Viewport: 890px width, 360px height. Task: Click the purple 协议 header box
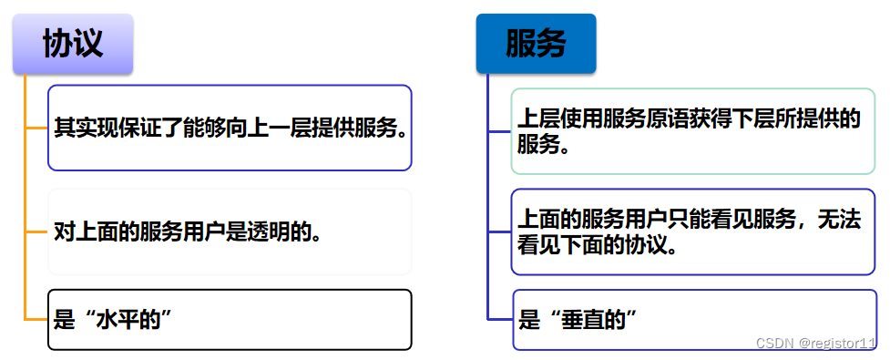coord(73,44)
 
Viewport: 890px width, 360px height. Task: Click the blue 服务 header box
coord(536,44)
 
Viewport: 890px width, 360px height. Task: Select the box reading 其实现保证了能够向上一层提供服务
coord(230,128)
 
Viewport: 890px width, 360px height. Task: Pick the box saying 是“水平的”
coord(230,319)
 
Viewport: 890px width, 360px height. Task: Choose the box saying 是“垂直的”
coord(693,319)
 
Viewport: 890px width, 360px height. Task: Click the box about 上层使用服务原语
coord(693,131)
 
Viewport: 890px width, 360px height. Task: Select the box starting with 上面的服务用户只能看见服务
coord(693,231)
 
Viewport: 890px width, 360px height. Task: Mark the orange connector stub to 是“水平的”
coord(36,319)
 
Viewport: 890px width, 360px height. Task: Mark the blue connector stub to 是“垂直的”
coord(500,319)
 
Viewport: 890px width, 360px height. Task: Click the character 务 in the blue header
coord(551,44)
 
